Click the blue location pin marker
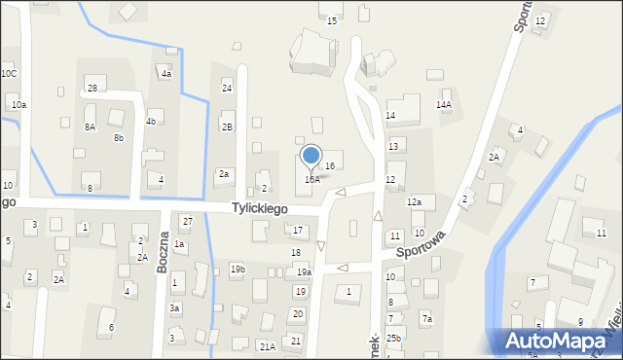[311, 156]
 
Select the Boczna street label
[165, 252]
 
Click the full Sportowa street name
[421, 243]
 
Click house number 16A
[311, 179]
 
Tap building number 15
[332, 20]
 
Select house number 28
[92, 89]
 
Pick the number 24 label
[227, 88]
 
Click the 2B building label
[227, 126]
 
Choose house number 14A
[444, 104]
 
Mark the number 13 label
[393, 146]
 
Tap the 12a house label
[414, 201]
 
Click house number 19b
[238, 269]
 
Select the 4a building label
[166, 74]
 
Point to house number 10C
[9, 74]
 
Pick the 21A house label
[267, 346]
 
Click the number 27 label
[187, 222]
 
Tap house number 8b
[118, 138]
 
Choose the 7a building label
[426, 319]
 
